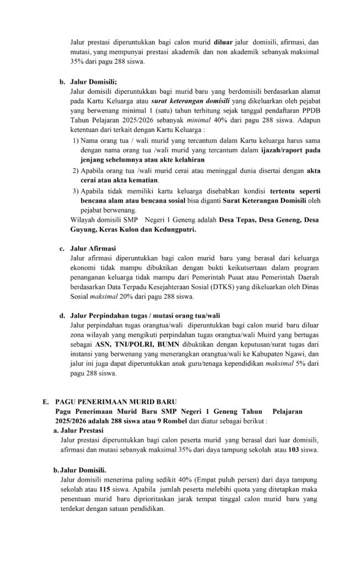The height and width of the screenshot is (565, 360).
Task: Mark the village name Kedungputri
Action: (x=177, y=228)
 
